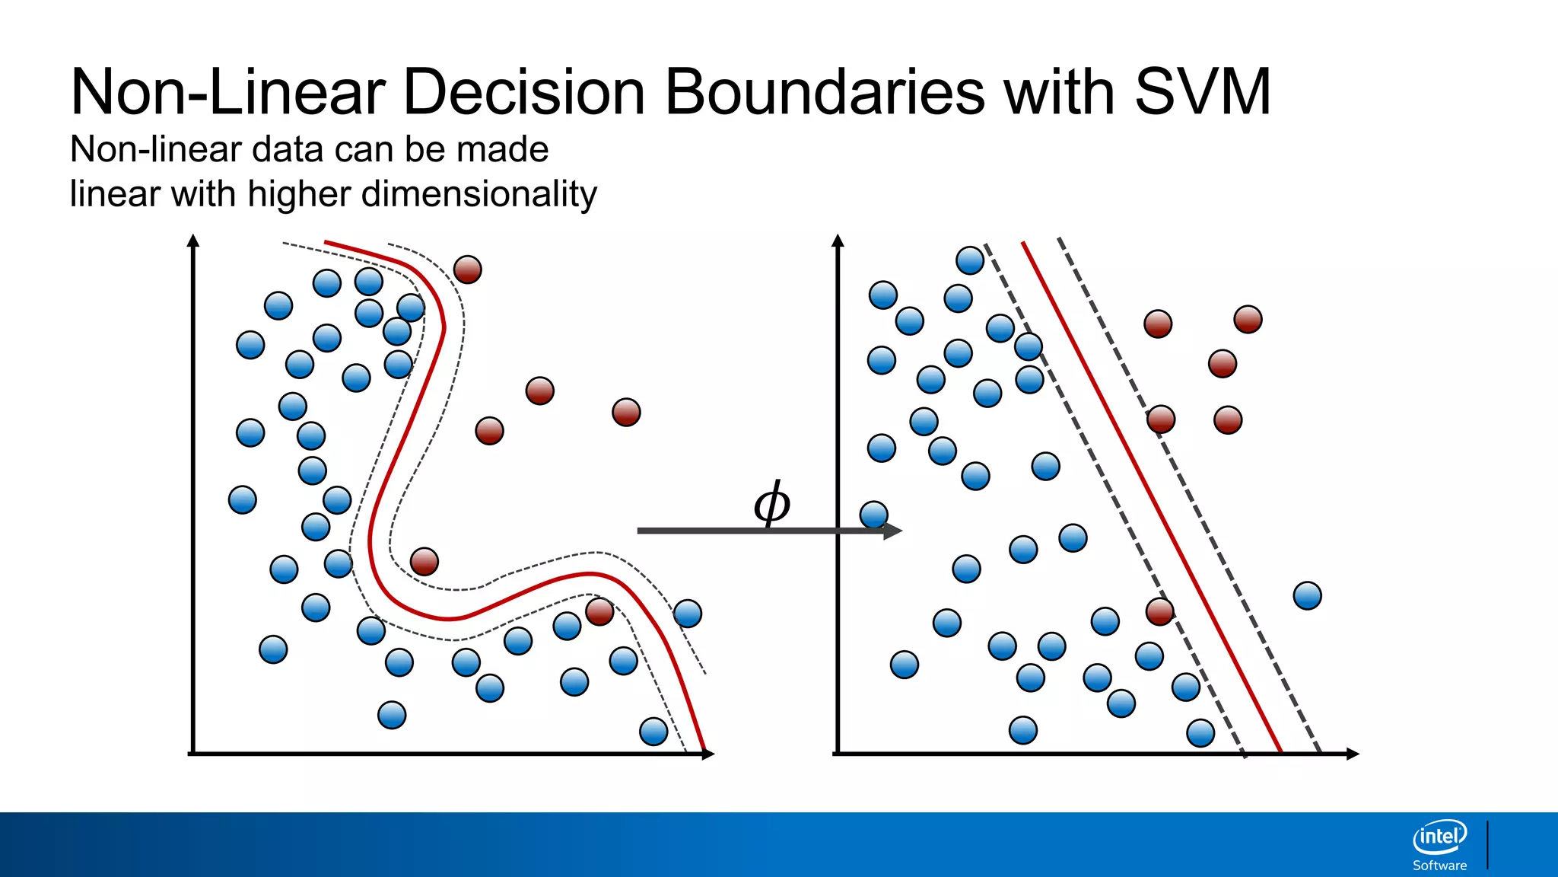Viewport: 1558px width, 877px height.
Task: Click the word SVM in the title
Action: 1202,92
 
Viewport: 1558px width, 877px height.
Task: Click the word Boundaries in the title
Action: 825,92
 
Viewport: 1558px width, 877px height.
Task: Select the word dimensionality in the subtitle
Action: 479,194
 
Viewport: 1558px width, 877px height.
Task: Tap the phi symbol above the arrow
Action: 771,503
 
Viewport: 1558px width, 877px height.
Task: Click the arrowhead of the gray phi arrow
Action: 893,531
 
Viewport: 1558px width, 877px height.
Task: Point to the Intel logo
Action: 1439,837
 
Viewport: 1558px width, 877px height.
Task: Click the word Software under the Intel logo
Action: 1439,866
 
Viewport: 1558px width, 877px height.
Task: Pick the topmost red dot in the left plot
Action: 467,269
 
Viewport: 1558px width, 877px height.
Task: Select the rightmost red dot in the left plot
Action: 626,412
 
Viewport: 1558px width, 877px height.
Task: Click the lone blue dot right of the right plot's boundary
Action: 1307,595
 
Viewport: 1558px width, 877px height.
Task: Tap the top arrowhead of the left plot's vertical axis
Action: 193,241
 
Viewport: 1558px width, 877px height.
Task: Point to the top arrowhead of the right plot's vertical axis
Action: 838,241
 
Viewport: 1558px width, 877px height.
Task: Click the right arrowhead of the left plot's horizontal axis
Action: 707,754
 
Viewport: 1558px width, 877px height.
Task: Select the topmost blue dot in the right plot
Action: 970,260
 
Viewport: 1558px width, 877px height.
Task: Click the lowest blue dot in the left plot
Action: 653,731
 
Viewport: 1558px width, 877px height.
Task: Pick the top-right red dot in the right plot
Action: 1248,319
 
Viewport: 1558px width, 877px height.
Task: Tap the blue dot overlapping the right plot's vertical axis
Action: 873,515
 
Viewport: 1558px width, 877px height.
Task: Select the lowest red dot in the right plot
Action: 1159,611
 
